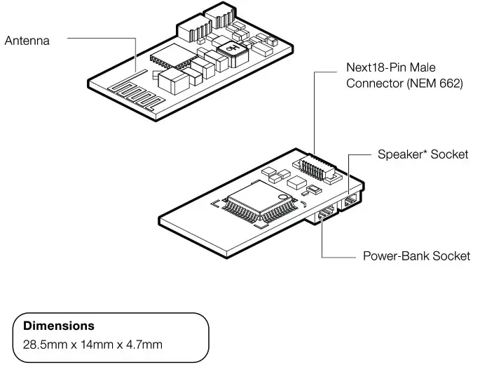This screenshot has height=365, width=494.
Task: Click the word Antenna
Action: (x=27, y=41)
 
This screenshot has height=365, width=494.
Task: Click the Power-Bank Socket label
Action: (x=416, y=255)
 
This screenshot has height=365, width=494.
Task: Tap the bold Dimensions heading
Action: (x=59, y=326)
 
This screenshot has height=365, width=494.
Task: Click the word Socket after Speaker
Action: (x=449, y=154)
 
